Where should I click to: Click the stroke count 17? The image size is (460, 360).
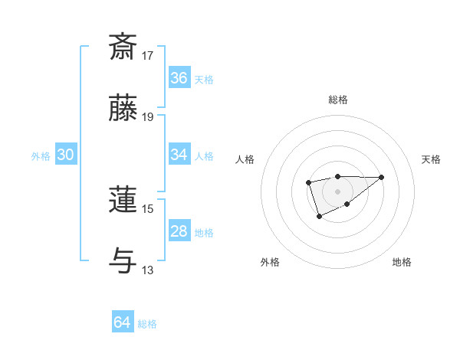tap(148, 56)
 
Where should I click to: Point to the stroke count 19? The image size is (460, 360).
tap(148, 117)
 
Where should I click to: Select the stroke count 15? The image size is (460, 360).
tap(148, 208)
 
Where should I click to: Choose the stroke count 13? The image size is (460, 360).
tap(148, 270)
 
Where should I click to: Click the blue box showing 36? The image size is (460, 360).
tap(179, 78)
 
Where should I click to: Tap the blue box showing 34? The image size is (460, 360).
tap(179, 155)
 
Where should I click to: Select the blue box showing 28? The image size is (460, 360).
tap(179, 231)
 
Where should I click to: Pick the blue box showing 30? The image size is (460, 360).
tap(66, 155)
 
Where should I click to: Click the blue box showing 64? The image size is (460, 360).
tap(123, 322)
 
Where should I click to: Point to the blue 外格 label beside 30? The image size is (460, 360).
tap(41, 155)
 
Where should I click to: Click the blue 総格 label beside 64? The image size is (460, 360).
tap(147, 323)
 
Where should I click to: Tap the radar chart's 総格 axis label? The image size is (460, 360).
tap(337, 100)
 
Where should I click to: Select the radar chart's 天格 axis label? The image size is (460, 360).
tap(431, 159)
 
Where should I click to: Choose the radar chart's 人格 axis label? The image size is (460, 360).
tap(245, 159)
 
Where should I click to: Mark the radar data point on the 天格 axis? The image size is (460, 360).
tap(382, 177)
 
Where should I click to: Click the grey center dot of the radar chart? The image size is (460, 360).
tap(337, 191)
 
